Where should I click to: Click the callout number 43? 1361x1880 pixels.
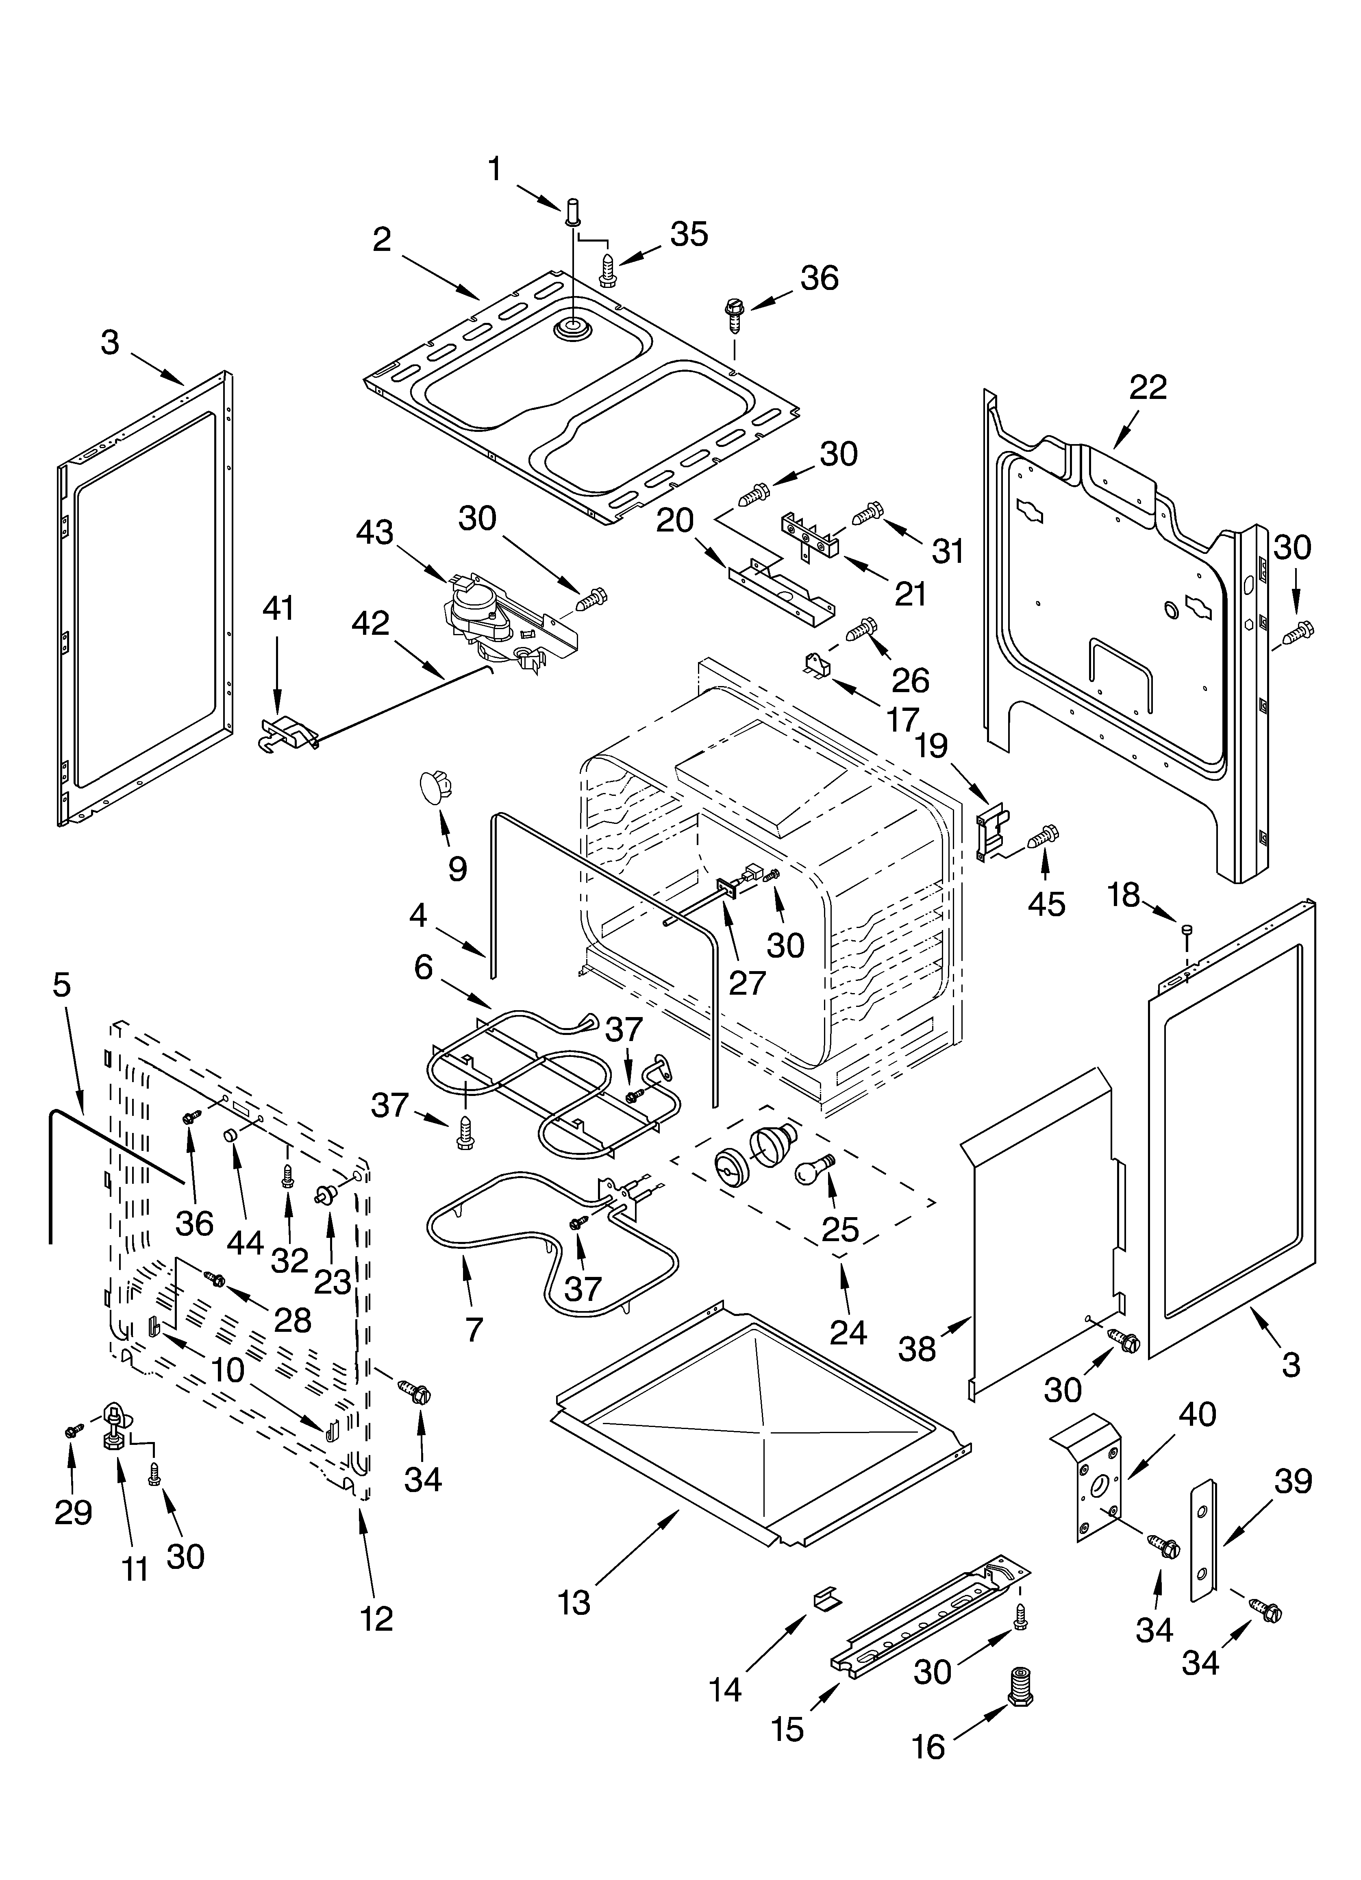click(x=375, y=533)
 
